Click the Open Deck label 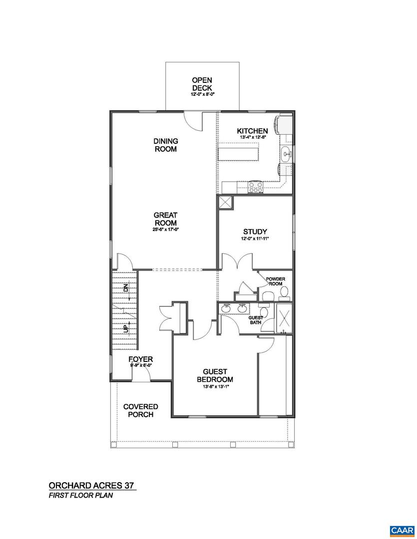click(202, 84)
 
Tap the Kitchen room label click(252, 131)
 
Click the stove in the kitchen click(256, 188)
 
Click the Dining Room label click(166, 145)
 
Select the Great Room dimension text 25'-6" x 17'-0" click(166, 230)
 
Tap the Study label click(255, 232)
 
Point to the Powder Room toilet click(284, 292)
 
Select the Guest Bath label click(256, 319)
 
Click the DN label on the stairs click(126, 288)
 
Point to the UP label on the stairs click(126, 327)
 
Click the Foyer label click(140, 360)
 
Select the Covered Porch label click(140, 410)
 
